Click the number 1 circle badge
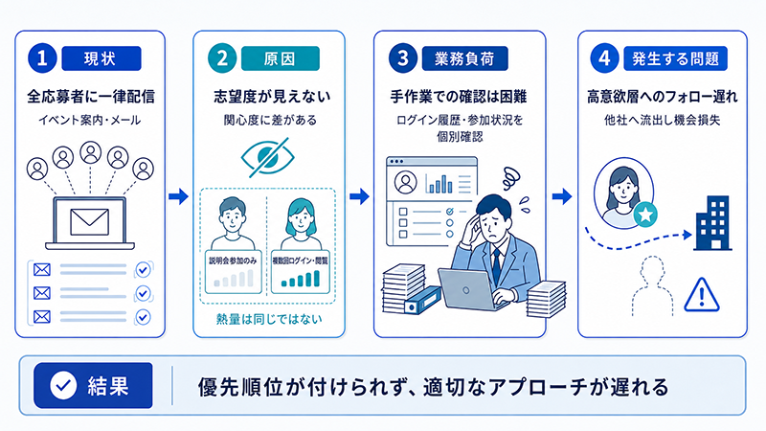point(42,58)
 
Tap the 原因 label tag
point(281,58)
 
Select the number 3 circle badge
point(403,58)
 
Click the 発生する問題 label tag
point(676,58)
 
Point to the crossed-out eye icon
point(268,157)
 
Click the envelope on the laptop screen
point(89,222)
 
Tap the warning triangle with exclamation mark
point(702,295)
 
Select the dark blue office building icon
point(713,223)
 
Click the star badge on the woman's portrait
point(645,215)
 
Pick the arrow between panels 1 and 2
point(179,196)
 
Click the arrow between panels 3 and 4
point(562,196)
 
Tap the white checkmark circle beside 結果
point(63,386)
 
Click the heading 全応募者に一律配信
point(91,97)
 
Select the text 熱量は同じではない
point(269,319)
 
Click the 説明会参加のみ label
point(233,261)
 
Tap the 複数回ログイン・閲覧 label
point(300,261)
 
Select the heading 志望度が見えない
point(272,97)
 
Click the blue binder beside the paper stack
point(423,300)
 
